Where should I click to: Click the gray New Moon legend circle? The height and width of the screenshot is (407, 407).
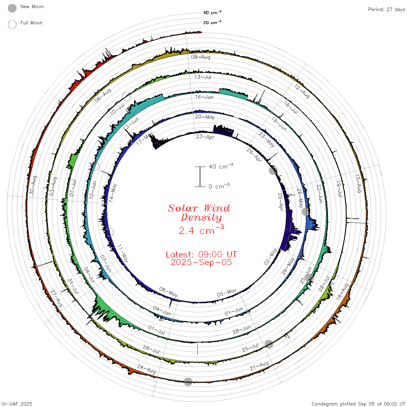(x=12, y=8)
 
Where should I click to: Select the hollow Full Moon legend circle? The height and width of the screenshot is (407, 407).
(x=12, y=24)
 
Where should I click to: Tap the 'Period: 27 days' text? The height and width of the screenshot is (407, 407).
(x=387, y=10)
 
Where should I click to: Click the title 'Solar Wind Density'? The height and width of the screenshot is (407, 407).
(x=199, y=213)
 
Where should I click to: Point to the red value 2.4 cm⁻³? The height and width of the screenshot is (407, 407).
(x=201, y=230)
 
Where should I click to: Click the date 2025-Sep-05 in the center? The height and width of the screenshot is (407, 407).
(x=201, y=262)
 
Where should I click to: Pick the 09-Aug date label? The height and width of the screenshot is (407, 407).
(x=200, y=57)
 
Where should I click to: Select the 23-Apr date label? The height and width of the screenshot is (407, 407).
(x=205, y=137)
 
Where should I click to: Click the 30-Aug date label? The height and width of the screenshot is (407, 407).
(x=33, y=185)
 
